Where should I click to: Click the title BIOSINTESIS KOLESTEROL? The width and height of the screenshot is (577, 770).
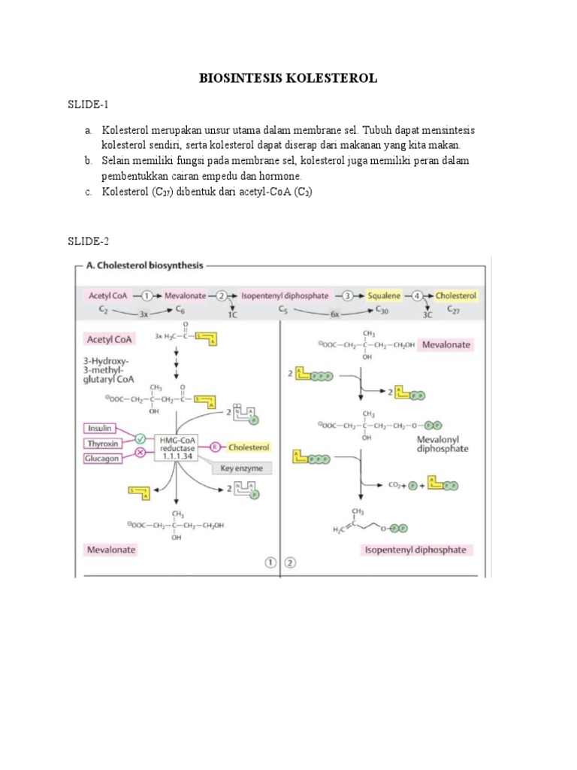click(x=288, y=78)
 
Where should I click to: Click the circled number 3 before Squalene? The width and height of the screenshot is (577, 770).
click(x=349, y=296)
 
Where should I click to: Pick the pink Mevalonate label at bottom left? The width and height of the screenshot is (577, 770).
click(x=110, y=550)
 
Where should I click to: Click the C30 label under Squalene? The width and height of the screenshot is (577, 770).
click(x=382, y=309)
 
